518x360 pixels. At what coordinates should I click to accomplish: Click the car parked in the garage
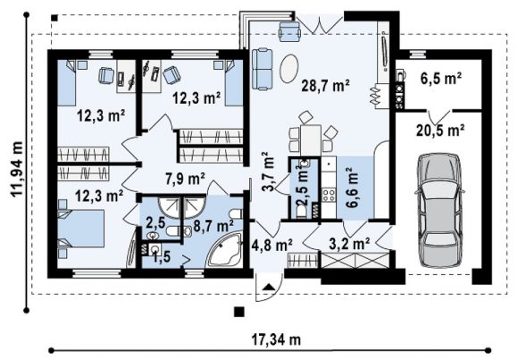pos(439,210)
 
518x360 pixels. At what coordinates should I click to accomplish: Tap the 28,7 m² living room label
pos(325,86)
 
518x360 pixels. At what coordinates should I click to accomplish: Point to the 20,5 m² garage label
pos(440,130)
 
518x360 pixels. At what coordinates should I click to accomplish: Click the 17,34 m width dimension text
pos(276,339)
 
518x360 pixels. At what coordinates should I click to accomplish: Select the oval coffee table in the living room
pos(289,68)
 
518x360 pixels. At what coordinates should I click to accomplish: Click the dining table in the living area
pos(311,139)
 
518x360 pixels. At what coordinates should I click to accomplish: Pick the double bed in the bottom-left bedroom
pos(81,229)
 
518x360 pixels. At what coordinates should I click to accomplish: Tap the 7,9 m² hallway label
pos(185,179)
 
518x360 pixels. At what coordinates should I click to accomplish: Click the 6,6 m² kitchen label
pos(351,187)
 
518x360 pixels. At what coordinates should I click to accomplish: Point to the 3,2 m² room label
pos(349,244)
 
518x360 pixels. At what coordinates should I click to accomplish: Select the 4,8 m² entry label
pos(272,245)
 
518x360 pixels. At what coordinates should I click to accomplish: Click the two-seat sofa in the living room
pos(263,69)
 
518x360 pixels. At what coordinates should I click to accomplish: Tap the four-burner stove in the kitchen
pos(329,195)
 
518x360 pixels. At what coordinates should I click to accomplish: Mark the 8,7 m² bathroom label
pos(213,226)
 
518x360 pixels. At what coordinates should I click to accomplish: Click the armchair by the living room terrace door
pos(289,31)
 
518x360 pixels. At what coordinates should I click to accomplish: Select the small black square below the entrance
pos(239,312)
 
